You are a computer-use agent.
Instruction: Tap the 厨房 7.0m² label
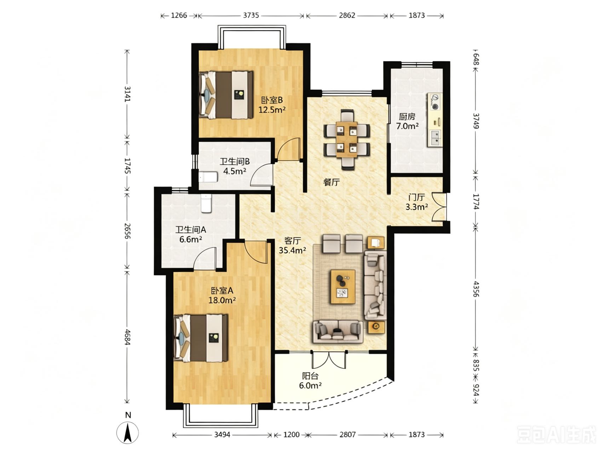pos(407,121)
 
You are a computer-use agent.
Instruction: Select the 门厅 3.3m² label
pos(416,202)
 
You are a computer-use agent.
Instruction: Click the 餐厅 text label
pos(332,182)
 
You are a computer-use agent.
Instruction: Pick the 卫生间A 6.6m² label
pos(191,234)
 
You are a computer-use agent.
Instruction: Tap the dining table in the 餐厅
pos(347,139)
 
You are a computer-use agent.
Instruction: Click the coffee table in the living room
pos(343,287)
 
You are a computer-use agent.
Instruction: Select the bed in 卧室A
pos(201,338)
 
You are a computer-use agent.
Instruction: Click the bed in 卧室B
pos(226,95)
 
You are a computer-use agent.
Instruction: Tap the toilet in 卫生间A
pos(206,203)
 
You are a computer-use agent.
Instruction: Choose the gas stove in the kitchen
pos(435,101)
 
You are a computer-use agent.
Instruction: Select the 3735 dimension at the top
pos(251,16)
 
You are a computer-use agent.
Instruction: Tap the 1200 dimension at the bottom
pos(292,434)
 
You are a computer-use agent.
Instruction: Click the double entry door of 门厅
pos(439,207)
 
